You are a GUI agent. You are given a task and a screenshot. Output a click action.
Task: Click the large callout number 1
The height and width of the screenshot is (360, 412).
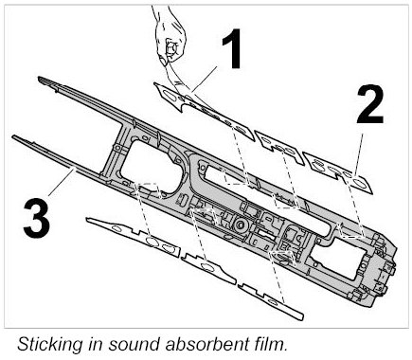pyautogui.click(x=233, y=48)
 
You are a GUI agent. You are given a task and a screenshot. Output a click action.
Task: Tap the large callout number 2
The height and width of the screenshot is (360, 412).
pyautogui.click(x=370, y=104)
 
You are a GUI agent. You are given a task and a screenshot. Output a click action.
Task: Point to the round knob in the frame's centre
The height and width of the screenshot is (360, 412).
pyautogui.click(x=241, y=225)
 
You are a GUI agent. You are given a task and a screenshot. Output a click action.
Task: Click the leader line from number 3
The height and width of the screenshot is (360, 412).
pyautogui.click(x=63, y=182)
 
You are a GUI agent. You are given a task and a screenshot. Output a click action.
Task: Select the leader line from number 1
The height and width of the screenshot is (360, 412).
pyautogui.click(x=205, y=79)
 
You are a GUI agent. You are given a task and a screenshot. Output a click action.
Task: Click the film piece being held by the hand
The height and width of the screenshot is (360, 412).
pyautogui.click(x=205, y=111)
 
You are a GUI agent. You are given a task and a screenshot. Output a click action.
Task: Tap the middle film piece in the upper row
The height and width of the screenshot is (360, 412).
pyautogui.click(x=279, y=148)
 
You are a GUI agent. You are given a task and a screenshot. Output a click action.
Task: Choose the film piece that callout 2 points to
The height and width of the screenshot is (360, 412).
pyautogui.click(x=338, y=172)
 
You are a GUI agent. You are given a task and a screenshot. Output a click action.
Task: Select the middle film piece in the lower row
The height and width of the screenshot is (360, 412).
pyautogui.click(x=208, y=268)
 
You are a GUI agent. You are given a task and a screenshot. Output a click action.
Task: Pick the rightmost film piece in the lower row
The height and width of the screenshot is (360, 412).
pyautogui.click(x=271, y=301)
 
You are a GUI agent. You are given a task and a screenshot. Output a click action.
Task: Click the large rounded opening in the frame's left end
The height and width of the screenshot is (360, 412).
pyautogui.click(x=151, y=166)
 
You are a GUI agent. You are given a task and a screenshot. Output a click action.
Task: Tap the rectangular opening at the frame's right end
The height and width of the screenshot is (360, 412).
pyautogui.click(x=337, y=258)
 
